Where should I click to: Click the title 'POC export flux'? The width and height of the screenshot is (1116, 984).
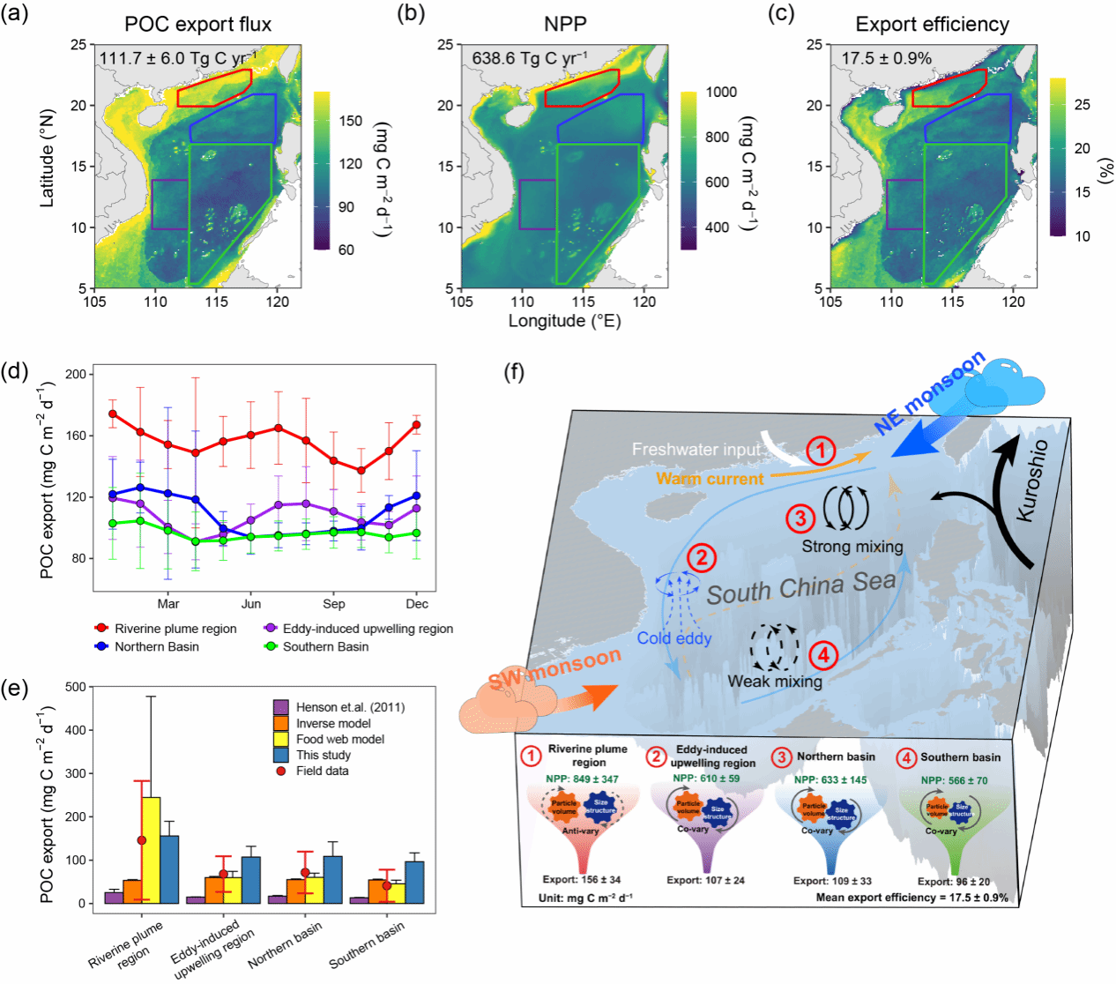tap(198, 24)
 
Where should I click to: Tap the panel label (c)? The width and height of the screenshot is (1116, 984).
tap(781, 14)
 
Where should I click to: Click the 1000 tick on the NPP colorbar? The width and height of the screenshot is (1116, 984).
tap(721, 92)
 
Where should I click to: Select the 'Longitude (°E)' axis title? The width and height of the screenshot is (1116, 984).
tap(564, 321)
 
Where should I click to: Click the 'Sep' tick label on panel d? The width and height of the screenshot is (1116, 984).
tap(334, 604)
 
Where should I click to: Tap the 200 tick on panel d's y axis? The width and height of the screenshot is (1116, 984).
tap(77, 374)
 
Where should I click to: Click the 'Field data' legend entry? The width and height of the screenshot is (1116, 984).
tap(322, 771)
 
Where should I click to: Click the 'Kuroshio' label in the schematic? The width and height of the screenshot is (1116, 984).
tap(1033, 480)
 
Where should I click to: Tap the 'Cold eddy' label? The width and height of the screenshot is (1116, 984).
tap(674, 637)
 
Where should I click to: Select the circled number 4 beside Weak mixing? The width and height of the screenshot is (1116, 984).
tap(823, 654)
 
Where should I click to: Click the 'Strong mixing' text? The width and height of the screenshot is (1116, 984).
tap(852, 546)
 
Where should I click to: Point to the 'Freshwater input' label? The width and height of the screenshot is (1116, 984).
tap(696, 450)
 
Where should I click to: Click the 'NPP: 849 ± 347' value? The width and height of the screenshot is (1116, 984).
tap(582, 779)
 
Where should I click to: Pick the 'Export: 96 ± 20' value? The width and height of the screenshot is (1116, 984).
tap(954, 881)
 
